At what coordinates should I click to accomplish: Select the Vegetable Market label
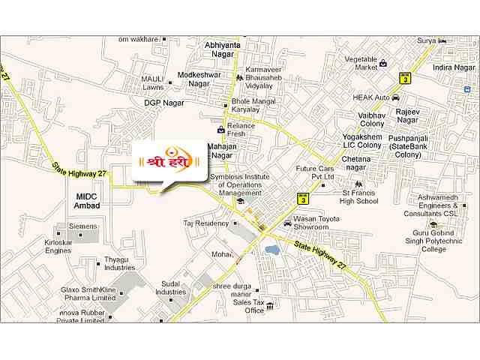click(361, 63)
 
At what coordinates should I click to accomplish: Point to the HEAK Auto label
click(372, 97)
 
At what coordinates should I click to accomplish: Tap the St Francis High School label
click(358, 196)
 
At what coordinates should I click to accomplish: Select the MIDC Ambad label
click(88, 200)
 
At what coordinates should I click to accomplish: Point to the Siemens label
click(83, 226)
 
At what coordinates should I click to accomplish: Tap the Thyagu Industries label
click(120, 262)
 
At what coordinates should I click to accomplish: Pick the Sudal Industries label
click(171, 288)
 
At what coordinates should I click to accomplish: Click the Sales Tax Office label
click(250, 305)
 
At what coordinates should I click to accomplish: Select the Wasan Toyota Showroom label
click(311, 222)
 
